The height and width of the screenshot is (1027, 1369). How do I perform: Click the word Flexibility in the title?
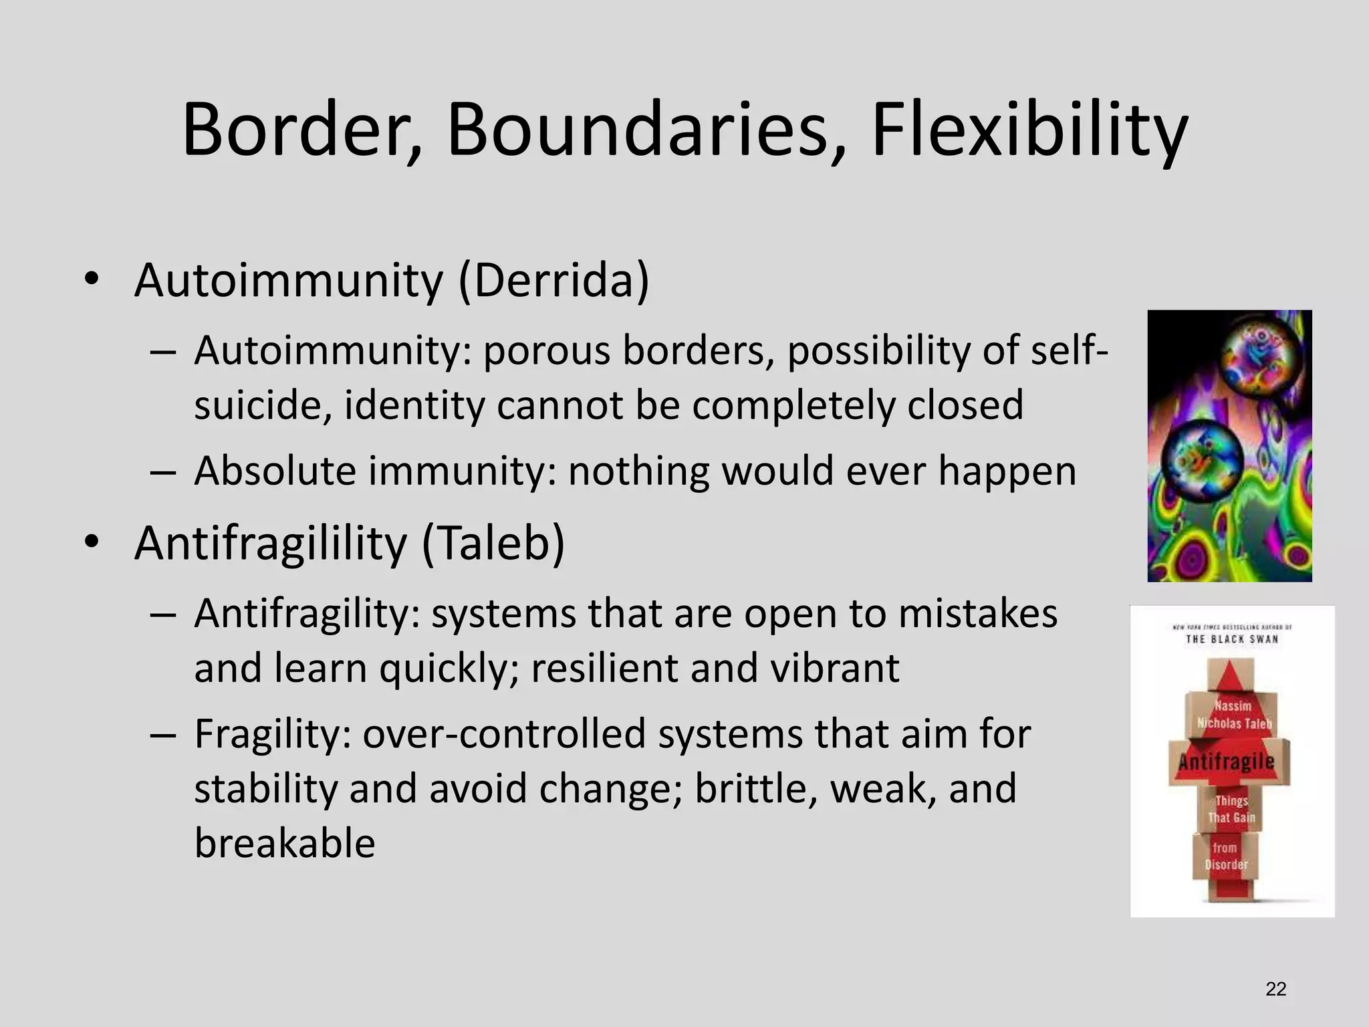[1029, 130]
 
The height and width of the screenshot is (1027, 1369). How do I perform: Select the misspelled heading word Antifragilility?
[270, 542]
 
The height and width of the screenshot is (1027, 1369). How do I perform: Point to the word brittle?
[755, 788]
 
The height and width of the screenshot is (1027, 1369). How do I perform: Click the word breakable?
[285, 843]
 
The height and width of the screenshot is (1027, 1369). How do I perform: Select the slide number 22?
[1275, 989]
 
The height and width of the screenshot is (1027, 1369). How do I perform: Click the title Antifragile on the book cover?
[1227, 762]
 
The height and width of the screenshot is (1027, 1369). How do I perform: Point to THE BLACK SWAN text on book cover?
[1232, 639]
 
